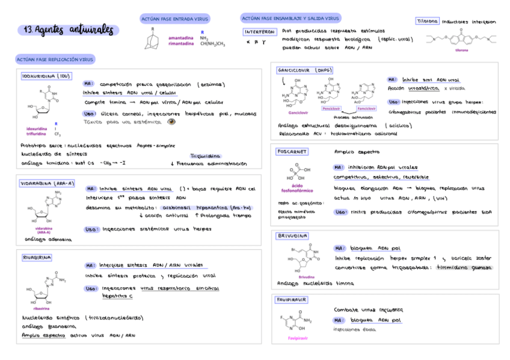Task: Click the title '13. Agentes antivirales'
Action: pyautogui.click(x=70, y=30)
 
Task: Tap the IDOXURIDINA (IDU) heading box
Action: pyautogui.click(x=46, y=77)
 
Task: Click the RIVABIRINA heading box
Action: pyautogui.click(x=37, y=257)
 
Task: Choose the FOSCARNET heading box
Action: pyautogui.click(x=292, y=151)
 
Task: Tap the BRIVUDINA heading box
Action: pyautogui.click(x=293, y=236)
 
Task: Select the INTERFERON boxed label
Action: pyautogui.click(x=260, y=31)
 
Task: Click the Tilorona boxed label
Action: pyautogui.click(x=427, y=21)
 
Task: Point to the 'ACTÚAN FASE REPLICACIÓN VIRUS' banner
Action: pyautogui.click(x=55, y=59)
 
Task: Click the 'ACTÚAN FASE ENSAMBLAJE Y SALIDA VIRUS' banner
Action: pyautogui.click(x=290, y=19)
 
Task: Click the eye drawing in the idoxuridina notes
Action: pyautogui.click(x=171, y=121)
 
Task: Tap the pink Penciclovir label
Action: pyautogui.click(x=331, y=108)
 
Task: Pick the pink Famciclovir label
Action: pyautogui.click(x=366, y=108)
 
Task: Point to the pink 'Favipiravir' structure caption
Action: pyautogui.click(x=298, y=338)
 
